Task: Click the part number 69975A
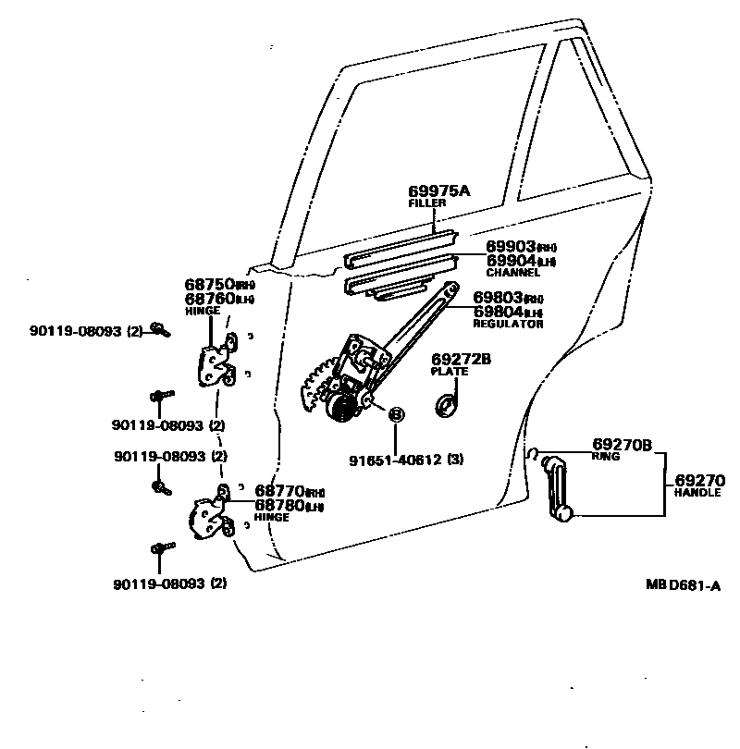click(439, 191)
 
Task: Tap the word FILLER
click(426, 203)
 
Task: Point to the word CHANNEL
click(512, 274)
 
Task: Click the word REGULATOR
click(508, 325)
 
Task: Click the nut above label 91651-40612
click(395, 414)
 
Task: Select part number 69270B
click(622, 445)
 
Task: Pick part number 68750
click(209, 285)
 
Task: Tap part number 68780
click(279, 505)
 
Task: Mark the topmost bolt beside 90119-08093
click(159, 328)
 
